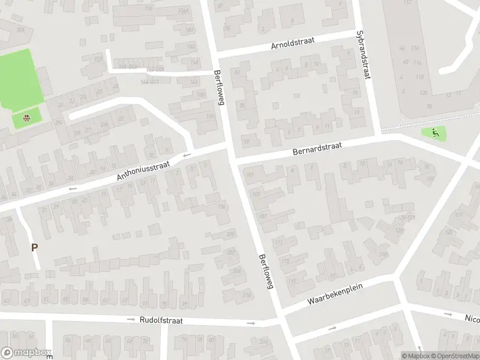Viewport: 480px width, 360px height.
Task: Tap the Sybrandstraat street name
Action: click(361, 55)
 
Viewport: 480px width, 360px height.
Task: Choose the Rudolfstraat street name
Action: click(161, 320)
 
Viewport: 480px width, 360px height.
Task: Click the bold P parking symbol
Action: click(34, 247)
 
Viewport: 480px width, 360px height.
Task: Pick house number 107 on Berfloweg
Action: click(263, 217)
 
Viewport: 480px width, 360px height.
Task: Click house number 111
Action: click(278, 242)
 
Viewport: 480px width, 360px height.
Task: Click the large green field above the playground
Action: click(20, 79)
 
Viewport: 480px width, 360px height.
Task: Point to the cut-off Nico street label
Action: click(472, 319)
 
